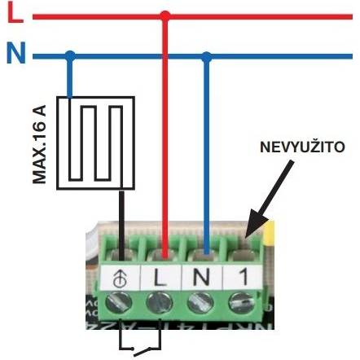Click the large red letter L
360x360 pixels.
click(15, 13)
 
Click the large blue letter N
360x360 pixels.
click(16, 52)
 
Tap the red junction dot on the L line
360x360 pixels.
click(165, 16)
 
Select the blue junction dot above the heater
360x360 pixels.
click(71, 56)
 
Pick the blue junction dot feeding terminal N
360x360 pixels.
click(207, 56)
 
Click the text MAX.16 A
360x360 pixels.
click(39, 144)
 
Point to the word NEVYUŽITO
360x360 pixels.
click(302, 147)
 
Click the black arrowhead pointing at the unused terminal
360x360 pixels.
click(254, 224)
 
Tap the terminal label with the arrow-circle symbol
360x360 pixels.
click(121, 278)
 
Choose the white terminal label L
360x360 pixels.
click(160, 277)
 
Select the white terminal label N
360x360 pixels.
click(202, 277)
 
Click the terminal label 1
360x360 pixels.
click(242, 277)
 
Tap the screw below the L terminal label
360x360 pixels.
click(159, 303)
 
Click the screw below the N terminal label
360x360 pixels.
click(200, 302)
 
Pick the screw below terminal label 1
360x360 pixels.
click(242, 302)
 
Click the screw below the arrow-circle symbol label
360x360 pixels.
click(118, 303)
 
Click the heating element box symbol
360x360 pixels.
click(95, 143)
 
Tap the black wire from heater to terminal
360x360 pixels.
click(121, 226)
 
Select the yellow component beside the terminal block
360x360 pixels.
click(270, 234)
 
